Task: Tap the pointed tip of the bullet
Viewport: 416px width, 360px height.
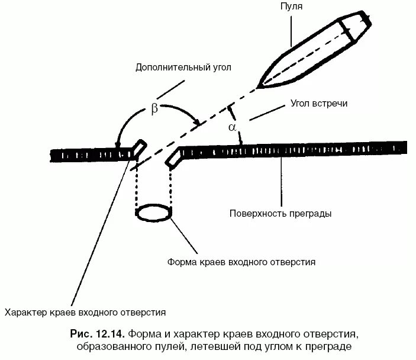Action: pos(259,87)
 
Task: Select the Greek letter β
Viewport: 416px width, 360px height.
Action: pos(155,109)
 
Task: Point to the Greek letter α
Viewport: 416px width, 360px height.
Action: pos(232,127)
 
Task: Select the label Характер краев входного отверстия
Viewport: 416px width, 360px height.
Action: pos(85,311)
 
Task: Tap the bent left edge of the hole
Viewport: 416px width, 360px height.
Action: pos(139,147)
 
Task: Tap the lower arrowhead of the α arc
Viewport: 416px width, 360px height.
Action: pos(241,140)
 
